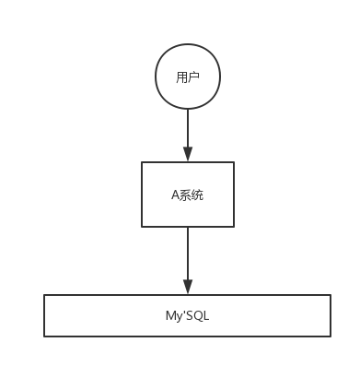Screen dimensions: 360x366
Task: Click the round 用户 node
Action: [187, 77]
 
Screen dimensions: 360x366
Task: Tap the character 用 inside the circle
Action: [181, 77]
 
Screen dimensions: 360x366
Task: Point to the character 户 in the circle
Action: [193, 77]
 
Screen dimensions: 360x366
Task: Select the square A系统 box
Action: [187, 195]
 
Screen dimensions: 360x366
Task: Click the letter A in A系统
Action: [175, 195]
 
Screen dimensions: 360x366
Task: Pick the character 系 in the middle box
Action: [185, 195]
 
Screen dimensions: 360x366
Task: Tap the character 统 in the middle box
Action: [197, 195]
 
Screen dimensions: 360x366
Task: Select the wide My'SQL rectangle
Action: [187, 316]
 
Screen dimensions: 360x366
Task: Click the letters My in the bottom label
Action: [171, 316]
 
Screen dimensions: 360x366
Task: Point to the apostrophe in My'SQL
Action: [182, 313]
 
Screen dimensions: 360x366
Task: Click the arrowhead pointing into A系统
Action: [187, 155]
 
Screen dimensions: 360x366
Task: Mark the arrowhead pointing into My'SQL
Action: [187, 288]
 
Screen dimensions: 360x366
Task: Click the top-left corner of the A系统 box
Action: [142, 163]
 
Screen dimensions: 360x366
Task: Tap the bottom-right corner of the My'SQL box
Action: [330, 336]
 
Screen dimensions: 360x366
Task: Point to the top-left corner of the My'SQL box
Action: [45, 296]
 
